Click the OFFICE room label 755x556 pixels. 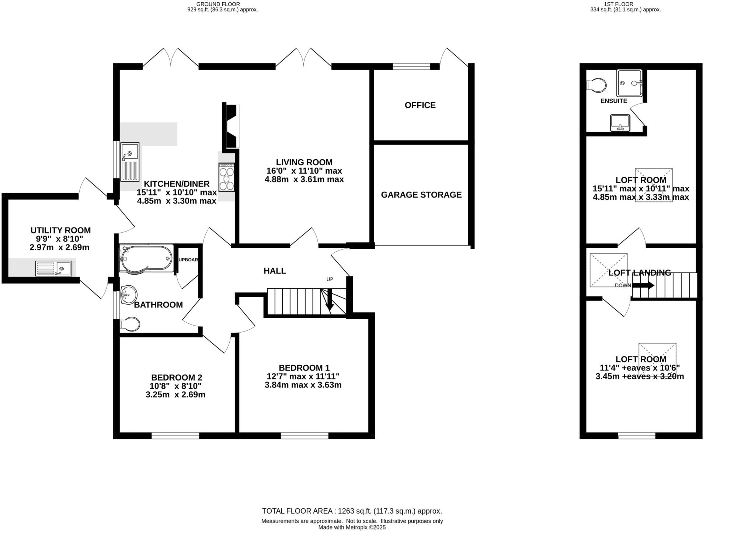click(420, 105)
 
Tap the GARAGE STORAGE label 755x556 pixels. click(421, 195)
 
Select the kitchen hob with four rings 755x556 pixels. click(226, 177)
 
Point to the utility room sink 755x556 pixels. click(54, 268)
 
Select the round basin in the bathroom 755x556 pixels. click(129, 295)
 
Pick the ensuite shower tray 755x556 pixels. click(629, 83)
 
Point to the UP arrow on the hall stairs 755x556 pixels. click(330, 299)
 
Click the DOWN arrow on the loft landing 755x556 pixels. click(643, 285)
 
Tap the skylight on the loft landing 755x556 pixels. click(608, 270)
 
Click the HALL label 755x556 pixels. click(275, 271)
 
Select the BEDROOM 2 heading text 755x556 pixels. click(177, 378)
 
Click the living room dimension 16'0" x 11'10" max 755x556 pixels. click(304, 171)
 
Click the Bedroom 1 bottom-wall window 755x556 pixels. click(305, 436)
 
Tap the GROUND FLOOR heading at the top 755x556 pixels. click(218, 4)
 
